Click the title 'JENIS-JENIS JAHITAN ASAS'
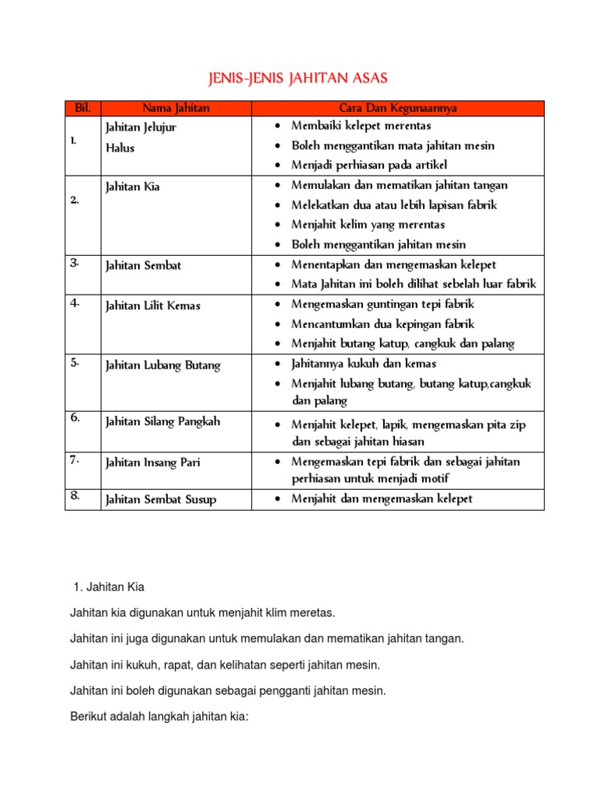click(x=298, y=79)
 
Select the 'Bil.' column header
click(x=83, y=109)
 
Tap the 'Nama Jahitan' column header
click(x=176, y=109)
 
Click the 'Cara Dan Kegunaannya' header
click(x=397, y=109)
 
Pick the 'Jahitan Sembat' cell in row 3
click(x=144, y=266)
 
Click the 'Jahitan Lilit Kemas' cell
click(x=153, y=305)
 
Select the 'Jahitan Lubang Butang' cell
click(x=163, y=365)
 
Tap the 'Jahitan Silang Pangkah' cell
click(x=163, y=421)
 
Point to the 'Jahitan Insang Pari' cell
click(x=153, y=463)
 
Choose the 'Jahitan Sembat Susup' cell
click(x=161, y=500)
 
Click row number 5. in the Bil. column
click(x=75, y=362)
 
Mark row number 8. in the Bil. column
click(x=75, y=496)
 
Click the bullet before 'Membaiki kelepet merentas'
click(x=278, y=126)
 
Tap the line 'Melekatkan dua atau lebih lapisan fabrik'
click(x=393, y=205)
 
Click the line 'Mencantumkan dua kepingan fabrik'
click(x=382, y=324)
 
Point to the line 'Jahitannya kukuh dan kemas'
click(x=364, y=364)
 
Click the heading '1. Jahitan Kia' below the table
click(x=108, y=587)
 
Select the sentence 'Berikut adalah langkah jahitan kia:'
click(x=159, y=716)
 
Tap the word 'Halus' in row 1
click(x=120, y=148)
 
